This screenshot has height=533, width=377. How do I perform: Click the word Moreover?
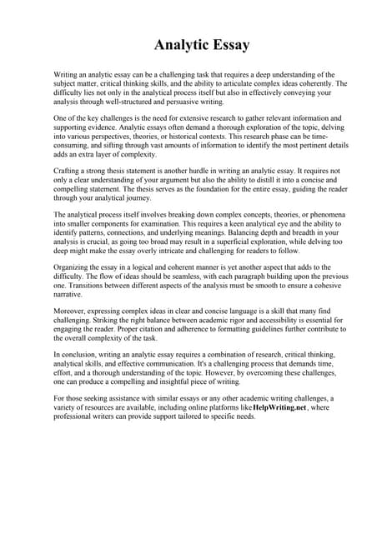coord(70,310)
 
